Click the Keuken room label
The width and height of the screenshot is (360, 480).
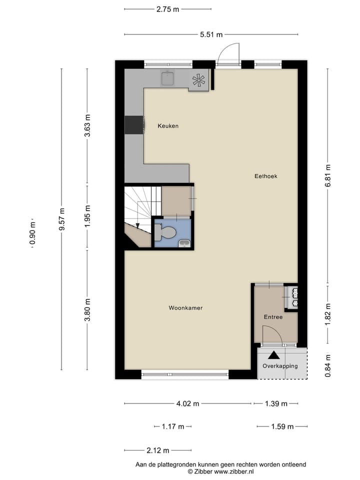coord(168,126)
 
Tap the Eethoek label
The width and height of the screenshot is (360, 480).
coord(265,176)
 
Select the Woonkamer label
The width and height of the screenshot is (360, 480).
coord(185,308)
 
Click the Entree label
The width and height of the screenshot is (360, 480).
coord(273,317)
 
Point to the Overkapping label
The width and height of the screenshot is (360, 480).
coord(280,366)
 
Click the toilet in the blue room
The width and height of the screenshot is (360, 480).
coord(166,232)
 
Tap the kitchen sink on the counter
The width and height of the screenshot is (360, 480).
coord(167,78)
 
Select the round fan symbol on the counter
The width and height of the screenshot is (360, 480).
coord(198,80)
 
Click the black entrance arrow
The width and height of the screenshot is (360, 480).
coord(273,355)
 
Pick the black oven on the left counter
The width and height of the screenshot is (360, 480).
coord(133,125)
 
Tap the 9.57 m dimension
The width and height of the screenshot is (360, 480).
coord(61,219)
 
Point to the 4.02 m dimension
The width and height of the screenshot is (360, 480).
coord(188,404)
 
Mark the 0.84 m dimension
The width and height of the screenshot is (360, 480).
coord(328,365)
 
